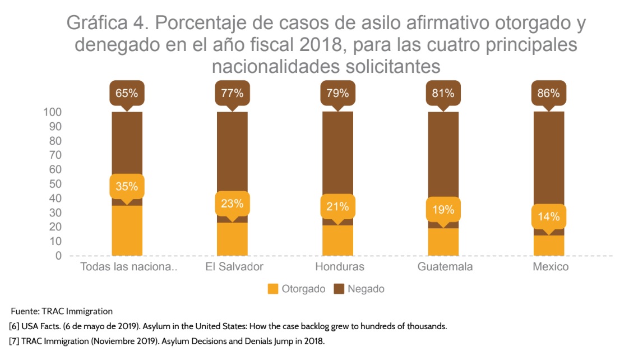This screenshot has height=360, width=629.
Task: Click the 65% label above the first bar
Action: (x=127, y=93)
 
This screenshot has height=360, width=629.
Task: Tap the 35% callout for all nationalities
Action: (x=127, y=186)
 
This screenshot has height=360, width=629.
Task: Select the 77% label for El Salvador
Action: (x=232, y=93)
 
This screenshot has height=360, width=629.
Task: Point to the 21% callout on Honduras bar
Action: (x=337, y=206)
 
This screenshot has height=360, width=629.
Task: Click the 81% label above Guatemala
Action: (x=443, y=93)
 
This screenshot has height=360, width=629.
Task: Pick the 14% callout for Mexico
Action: (x=548, y=216)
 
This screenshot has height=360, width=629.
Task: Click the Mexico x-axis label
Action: (x=551, y=266)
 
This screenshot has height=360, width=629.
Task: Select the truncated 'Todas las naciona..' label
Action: (x=129, y=266)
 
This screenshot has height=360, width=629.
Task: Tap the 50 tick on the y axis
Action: (x=55, y=184)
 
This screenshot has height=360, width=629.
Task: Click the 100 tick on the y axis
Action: (x=52, y=112)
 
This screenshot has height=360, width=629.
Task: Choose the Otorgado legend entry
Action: (x=297, y=289)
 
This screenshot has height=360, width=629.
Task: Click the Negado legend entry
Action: (x=359, y=289)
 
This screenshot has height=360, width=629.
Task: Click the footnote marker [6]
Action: (x=14, y=326)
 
